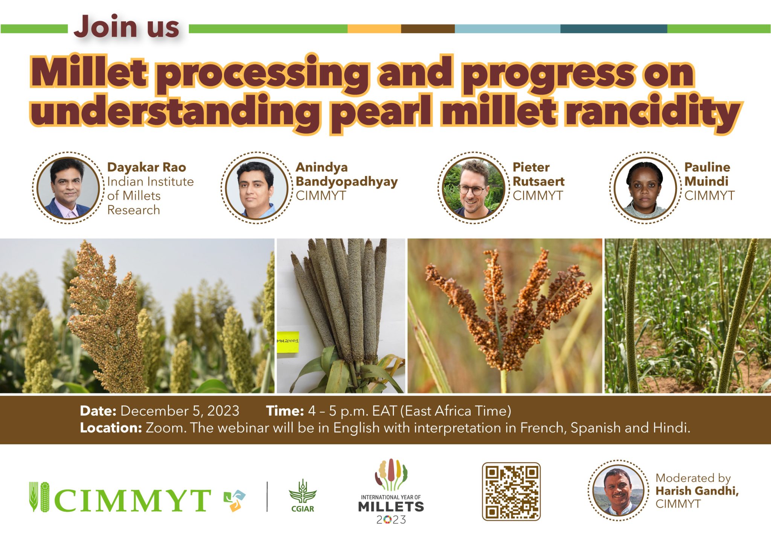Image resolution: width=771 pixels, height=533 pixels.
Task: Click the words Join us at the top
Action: pos(126,27)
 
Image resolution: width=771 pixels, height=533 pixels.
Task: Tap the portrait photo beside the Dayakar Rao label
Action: pos(68,188)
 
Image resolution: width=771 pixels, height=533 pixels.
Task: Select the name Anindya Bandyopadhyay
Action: pos(346,174)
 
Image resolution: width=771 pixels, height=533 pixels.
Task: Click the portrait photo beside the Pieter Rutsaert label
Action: pos(473,188)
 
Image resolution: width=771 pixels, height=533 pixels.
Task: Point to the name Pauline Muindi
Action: pos(707,174)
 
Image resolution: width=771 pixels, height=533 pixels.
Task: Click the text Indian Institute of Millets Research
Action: pos(150,196)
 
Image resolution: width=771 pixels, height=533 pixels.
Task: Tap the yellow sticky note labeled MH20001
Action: pos(288,342)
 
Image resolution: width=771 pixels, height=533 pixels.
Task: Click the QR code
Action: pos(511,492)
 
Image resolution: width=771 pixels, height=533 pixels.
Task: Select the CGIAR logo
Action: pos(303,496)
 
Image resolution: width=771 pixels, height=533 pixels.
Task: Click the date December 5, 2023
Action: pos(180,411)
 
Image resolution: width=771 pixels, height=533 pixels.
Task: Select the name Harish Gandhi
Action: pos(696,491)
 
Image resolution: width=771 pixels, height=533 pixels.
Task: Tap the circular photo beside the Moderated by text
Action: pos(618,490)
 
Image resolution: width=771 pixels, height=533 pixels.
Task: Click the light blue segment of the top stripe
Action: pos(507,29)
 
